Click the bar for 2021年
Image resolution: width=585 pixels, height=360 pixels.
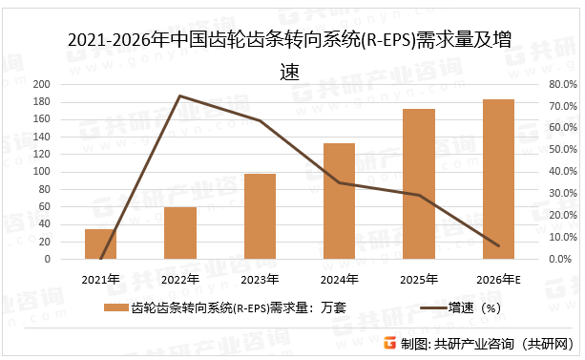click(100, 244)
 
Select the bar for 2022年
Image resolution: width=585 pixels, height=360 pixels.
click(179, 233)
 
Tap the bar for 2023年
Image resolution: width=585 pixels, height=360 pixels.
click(260, 216)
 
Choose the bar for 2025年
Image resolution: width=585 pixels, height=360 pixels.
click(419, 183)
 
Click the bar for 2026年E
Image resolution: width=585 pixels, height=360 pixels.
click(498, 179)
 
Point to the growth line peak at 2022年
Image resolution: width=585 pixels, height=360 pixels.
click(179, 95)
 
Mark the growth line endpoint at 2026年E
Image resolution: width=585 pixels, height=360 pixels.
click(498, 245)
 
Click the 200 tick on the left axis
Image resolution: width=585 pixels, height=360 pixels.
click(69, 84)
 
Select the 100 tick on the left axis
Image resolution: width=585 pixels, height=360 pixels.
click(69, 172)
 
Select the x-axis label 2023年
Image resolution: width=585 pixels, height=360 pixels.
click(260, 280)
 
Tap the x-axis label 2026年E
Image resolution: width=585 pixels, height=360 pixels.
click(498, 280)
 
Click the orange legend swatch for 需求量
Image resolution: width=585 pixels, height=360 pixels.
click(115, 308)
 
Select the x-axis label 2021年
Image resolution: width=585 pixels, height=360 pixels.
click(100, 280)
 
